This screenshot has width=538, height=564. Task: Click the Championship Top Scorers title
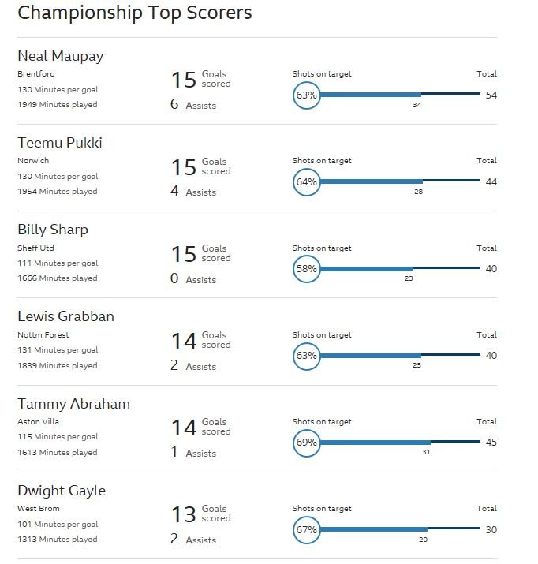click(x=134, y=13)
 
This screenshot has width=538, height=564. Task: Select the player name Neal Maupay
click(x=61, y=57)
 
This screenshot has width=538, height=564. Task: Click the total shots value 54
click(x=491, y=95)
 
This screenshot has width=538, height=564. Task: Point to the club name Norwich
click(x=33, y=160)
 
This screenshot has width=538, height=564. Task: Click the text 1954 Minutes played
click(x=58, y=192)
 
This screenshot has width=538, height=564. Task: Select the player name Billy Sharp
click(x=53, y=230)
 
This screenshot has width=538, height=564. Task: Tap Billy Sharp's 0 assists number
click(x=174, y=278)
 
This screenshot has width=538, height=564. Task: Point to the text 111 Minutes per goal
click(x=58, y=263)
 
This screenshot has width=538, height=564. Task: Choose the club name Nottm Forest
click(x=43, y=335)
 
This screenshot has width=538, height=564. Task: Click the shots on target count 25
click(x=417, y=365)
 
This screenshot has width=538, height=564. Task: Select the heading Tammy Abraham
click(x=73, y=404)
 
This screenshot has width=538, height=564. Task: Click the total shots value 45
click(x=491, y=443)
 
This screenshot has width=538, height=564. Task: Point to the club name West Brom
click(x=39, y=509)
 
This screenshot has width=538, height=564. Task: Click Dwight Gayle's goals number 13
click(x=184, y=515)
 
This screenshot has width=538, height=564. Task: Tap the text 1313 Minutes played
click(x=58, y=540)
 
